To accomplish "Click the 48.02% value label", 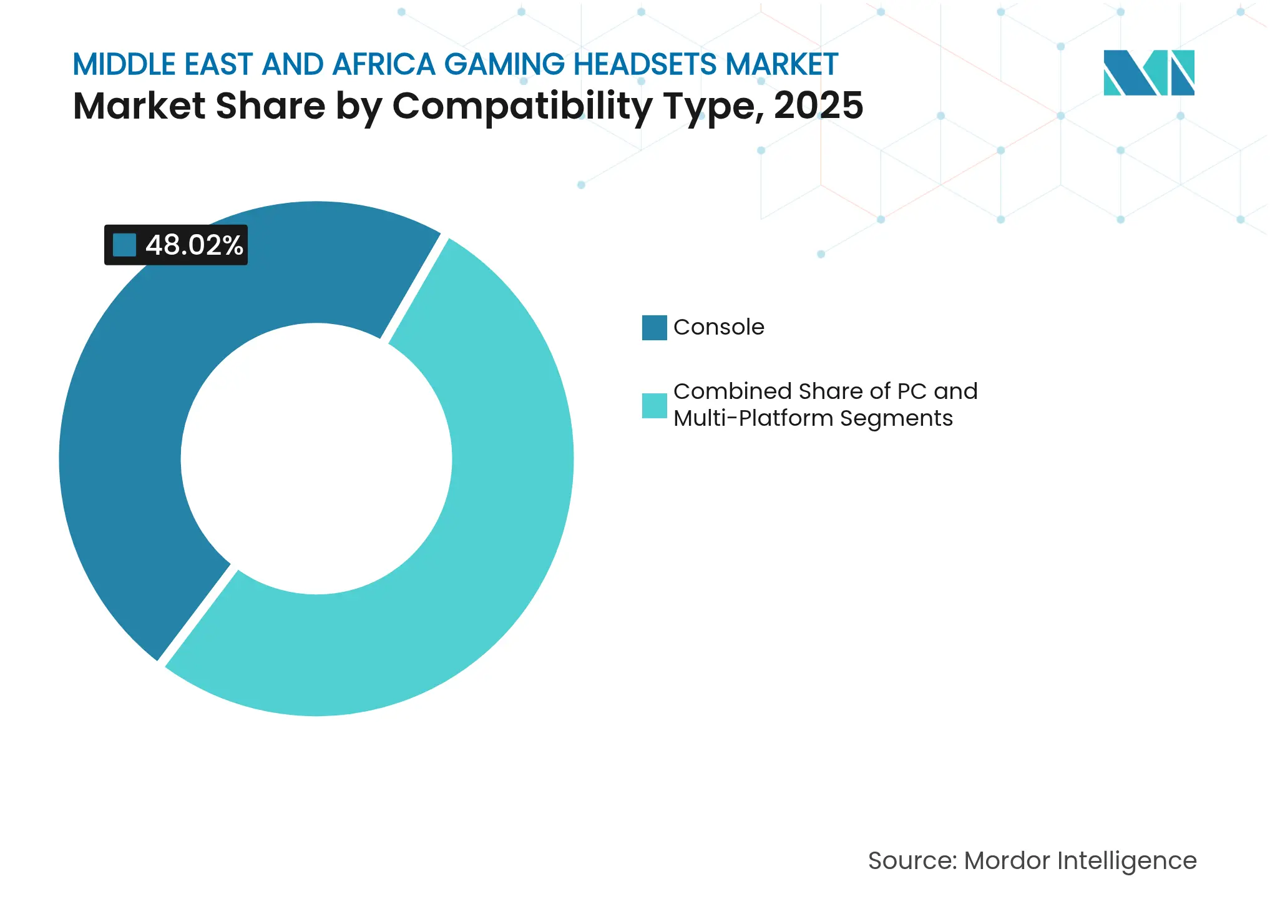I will click(x=194, y=245).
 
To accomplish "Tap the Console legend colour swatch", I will click(x=654, y=328).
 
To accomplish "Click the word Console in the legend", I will click(x=718, y=327).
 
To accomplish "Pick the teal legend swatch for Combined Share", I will click(x=654, y=405).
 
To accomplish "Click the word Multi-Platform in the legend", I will click(x=753, y=418).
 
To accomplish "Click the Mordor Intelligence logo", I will click(x=1148, y=73).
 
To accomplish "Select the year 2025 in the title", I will click(x=818, y=106).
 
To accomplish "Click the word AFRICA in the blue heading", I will click(x=384, y=64).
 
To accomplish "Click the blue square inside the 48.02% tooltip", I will click(x=124, y=245).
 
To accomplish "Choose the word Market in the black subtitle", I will click(x=139, y=106).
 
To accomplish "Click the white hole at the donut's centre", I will click(x=316, y=459).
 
